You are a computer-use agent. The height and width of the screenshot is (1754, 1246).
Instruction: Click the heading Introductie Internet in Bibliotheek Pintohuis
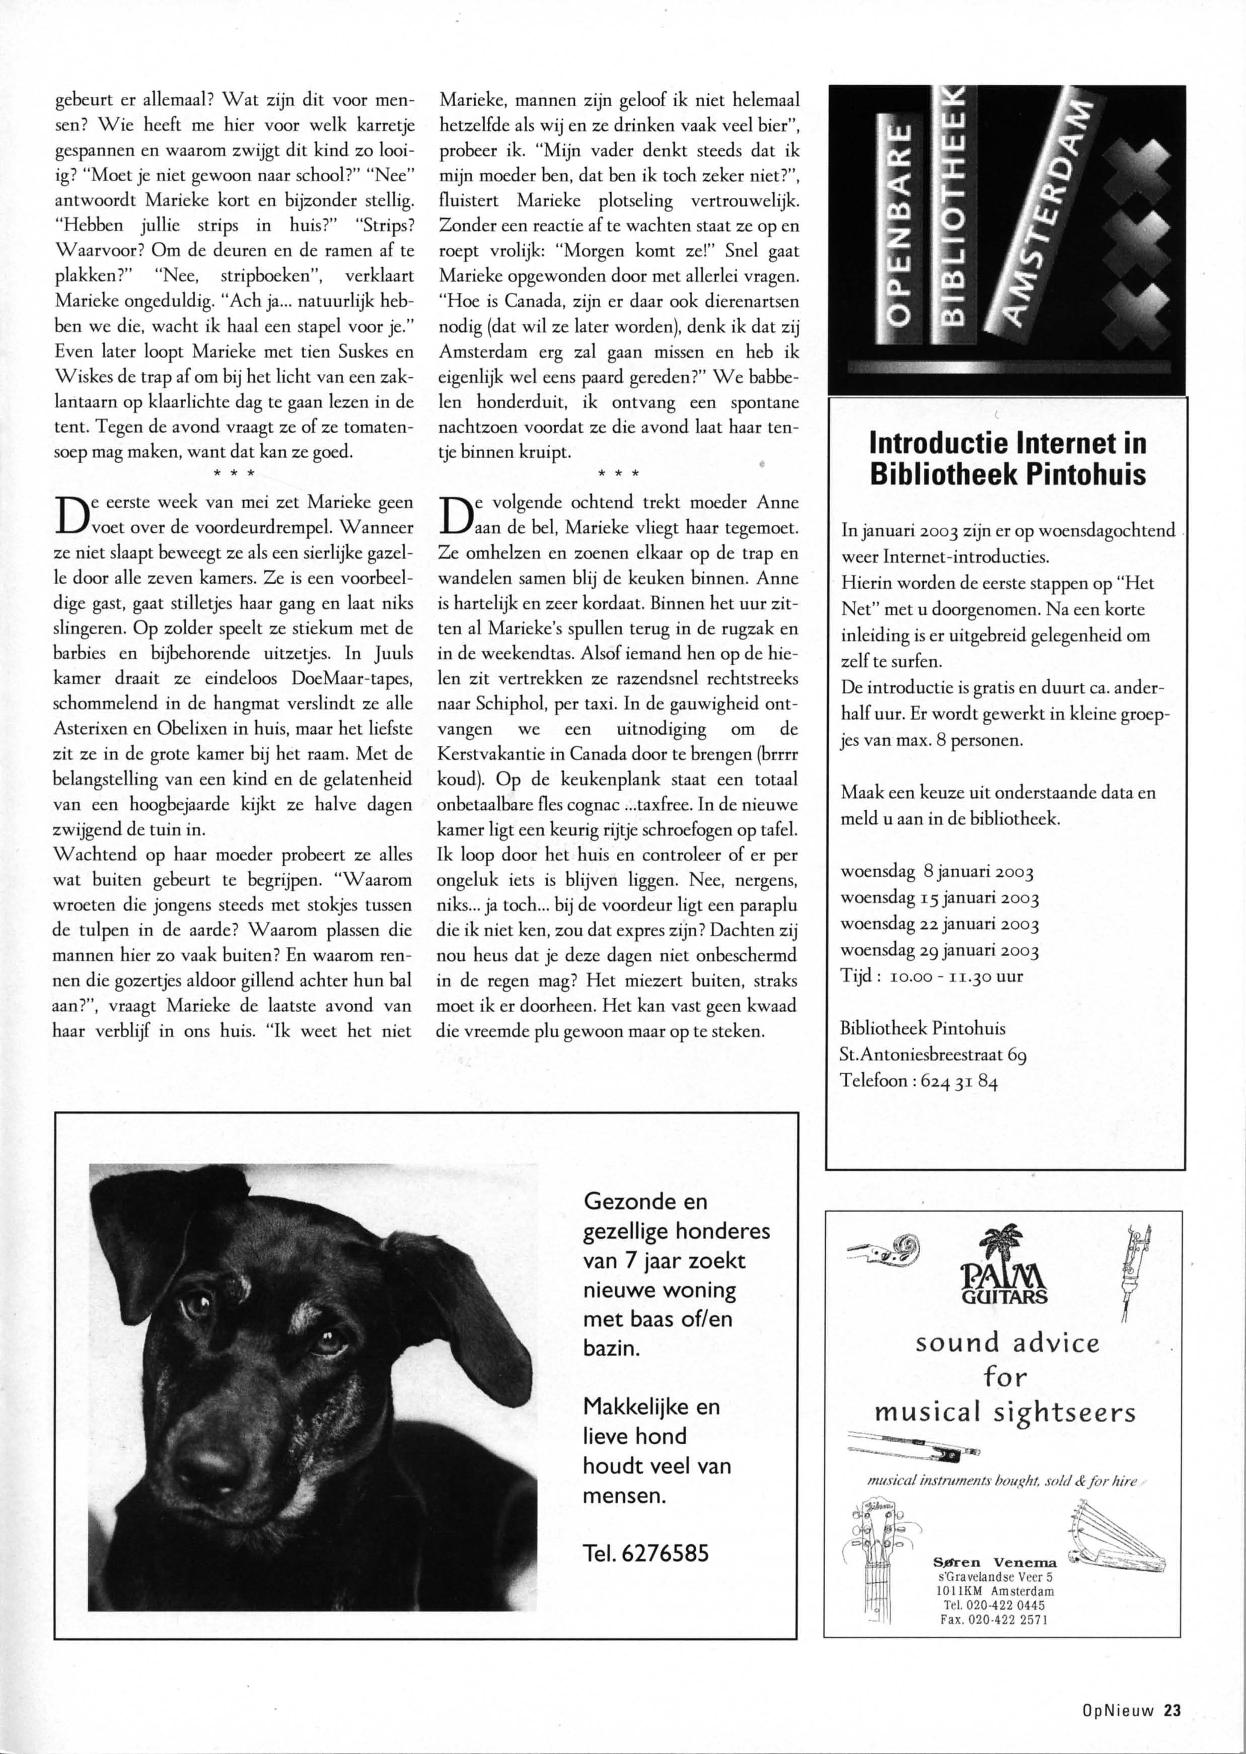coord(1007,459)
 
